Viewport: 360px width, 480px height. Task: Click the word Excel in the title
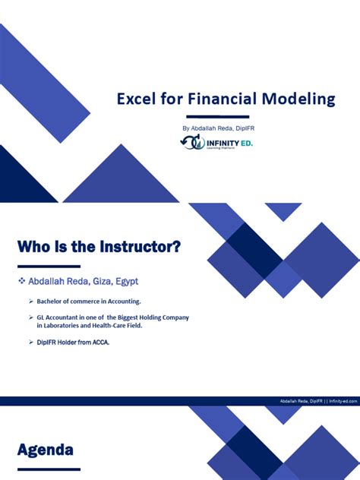(134, 99)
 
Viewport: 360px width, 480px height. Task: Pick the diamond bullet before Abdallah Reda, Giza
(21, 281)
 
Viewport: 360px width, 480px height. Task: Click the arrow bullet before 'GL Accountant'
(31, 317)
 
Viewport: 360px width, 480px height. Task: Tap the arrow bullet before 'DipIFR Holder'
(31, 343)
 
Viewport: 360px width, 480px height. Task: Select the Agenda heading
(46, 450)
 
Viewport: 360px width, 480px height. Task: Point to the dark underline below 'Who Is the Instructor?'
(49, 267)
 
